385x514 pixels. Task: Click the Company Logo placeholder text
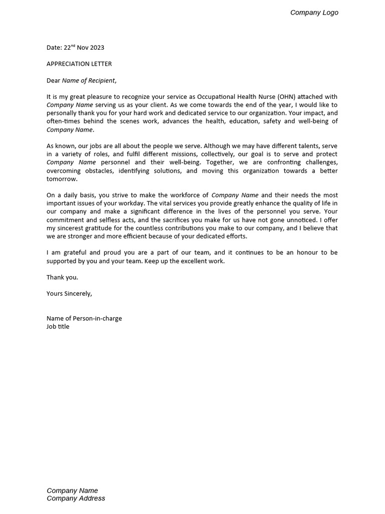314,13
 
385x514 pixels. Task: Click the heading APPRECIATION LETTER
79,64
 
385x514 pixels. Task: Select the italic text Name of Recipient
89,80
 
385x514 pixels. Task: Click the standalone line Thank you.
62,277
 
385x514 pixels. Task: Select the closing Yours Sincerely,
69,294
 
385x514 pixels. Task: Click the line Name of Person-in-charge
84,318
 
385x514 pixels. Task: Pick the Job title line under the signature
58,326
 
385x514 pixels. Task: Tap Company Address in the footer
76,498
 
